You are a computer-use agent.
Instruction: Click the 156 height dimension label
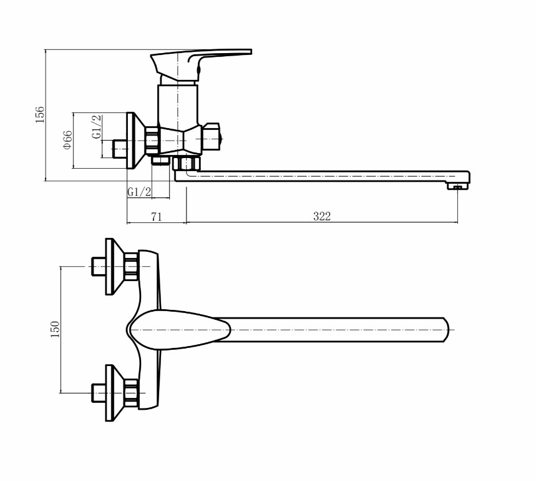pos(40,115)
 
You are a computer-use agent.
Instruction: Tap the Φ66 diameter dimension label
pos(67,140)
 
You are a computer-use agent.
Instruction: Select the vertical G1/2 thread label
pos(97,127)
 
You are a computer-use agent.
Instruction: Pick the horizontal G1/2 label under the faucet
pos(139,192)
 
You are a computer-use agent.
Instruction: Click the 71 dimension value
pos(156,217)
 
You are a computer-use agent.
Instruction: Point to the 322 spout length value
pos(322,217)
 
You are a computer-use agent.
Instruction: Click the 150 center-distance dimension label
pos(55,329)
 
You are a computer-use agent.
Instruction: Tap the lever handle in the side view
pos(201,64)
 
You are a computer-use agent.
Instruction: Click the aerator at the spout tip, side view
pos(458,186)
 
